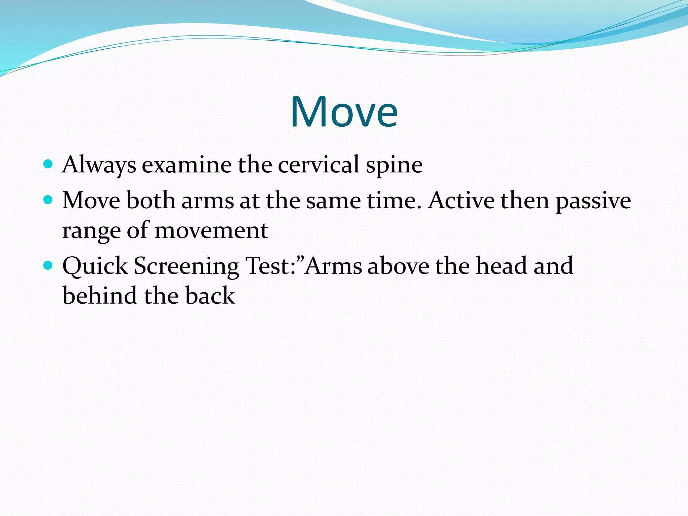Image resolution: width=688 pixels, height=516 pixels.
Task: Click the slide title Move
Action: coord(344,112)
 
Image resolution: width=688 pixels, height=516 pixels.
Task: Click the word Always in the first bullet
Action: coord(99,165)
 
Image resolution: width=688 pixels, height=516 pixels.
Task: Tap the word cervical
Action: coord(318,165)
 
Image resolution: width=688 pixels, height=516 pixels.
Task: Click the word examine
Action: coord(187,165)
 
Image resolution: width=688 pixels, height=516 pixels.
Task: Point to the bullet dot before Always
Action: coord(48,164)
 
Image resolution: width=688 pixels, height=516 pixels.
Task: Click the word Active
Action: coord(461,201)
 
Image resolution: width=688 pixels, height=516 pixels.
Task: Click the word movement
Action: coord(211,230)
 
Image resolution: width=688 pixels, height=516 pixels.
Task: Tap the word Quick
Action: coord(95,266)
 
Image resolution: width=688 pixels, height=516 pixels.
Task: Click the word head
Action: coord(502,266)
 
